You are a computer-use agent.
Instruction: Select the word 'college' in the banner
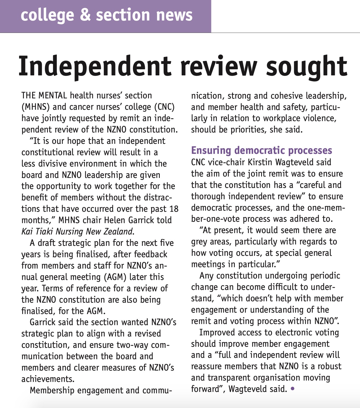[47, 16]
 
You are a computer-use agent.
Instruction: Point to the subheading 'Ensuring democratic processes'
[261, 150]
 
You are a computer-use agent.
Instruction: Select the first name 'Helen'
[115, 220]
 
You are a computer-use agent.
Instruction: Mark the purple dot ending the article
[292, 389]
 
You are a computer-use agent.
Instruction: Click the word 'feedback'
[151, 254]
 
